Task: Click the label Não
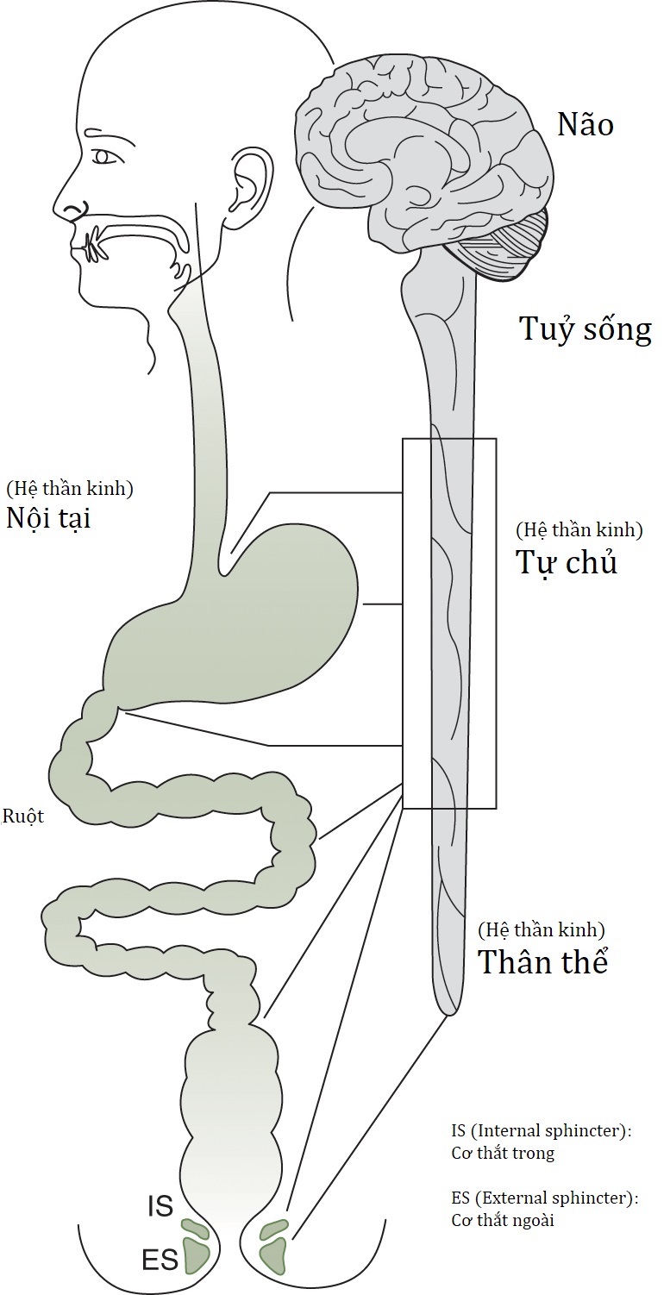585,125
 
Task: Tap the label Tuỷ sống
585,329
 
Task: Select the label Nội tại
48,519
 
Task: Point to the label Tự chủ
567,562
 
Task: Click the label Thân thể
543,962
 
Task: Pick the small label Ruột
23,816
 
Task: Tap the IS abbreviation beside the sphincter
160,1207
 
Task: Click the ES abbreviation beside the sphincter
160,1261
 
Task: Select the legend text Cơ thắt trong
503,1153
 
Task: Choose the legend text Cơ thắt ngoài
504,1220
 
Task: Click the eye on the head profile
104,157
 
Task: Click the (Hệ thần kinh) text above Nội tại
69,489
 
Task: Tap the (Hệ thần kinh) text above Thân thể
541,930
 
